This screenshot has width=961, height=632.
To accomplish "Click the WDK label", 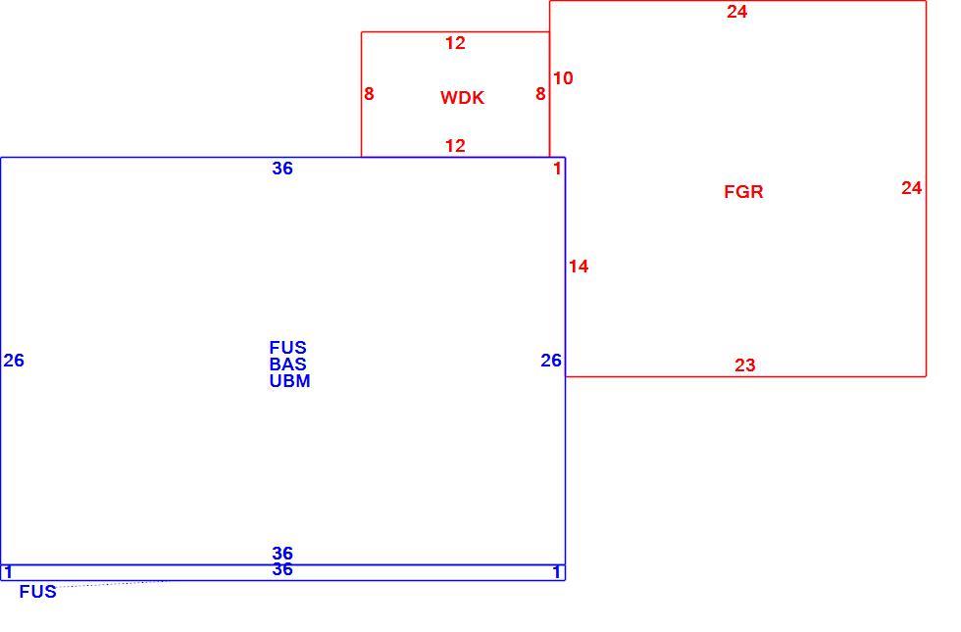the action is click(462, 97).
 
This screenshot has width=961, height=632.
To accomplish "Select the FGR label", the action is click(743, 192).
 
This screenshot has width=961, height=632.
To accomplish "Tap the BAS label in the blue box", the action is click(287, 364).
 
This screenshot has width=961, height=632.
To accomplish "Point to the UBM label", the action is click(290, 381).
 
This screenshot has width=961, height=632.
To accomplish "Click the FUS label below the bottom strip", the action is click(38, 592).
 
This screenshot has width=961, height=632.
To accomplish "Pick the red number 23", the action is click(744, 365).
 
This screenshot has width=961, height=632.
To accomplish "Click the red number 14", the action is click(579, 267).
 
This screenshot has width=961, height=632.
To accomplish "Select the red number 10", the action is click(563, 78).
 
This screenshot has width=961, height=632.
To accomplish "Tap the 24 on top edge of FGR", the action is click(736, 12).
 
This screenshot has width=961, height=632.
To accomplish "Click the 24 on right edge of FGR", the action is click(911, 188).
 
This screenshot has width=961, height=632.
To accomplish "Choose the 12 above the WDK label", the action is click(455, 43).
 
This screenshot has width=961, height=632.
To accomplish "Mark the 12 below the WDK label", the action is click(455, 146).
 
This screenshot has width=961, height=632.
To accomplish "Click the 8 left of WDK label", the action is click(369, 94).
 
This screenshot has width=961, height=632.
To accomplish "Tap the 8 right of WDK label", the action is click(540, 94).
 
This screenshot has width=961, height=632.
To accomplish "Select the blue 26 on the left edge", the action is click(14, 361).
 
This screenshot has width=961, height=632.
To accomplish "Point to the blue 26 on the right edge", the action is click(551, 361).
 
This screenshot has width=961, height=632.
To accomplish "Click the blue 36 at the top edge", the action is click(282, 169).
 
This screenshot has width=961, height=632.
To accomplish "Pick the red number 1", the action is click(557, 169).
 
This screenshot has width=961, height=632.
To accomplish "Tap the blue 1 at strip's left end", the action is click(9, 572).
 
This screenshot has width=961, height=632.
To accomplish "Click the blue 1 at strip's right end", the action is click(557, 572).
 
